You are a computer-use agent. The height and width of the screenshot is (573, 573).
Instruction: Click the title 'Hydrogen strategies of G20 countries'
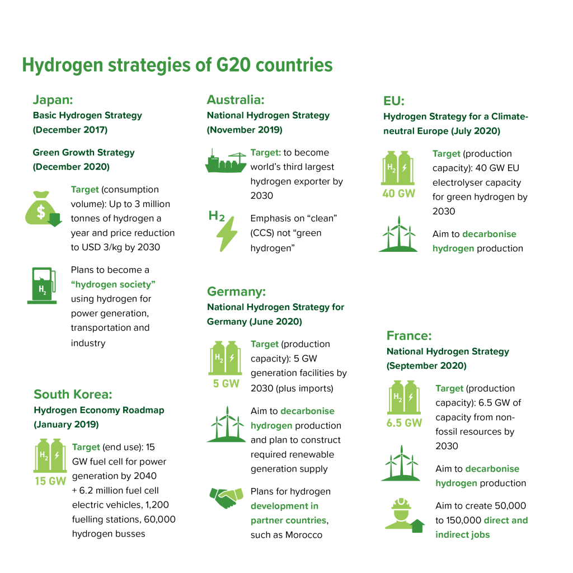(x=177, y=65)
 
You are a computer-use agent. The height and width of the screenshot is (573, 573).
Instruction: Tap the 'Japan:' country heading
(x=53, y=100)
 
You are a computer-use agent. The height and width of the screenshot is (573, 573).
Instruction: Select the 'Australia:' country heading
(x=235, y=100)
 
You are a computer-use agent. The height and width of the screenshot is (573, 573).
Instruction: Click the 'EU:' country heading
(x=393, y=101)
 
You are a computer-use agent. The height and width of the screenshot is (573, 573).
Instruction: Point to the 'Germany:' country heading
(x=236, y=292)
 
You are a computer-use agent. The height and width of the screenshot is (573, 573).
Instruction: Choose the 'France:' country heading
(x=409, y=336)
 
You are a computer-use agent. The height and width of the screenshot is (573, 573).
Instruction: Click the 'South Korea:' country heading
(x=73, y=394)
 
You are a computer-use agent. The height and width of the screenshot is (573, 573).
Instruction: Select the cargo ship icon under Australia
(x=225, y=163)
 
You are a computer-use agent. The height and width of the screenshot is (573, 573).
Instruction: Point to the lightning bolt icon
(x=227, y=233)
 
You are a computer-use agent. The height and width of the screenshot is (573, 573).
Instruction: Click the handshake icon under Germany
(x=226, y=497)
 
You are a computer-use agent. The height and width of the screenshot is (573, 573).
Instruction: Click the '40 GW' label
(x=398, y=194)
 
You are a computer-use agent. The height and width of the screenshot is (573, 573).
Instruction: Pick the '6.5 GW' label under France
(x=404, y=423)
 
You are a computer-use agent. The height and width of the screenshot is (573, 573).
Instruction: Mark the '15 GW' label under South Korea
(x=50, y=481)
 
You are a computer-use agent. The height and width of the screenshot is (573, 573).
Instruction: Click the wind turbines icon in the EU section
(x=398, y=234)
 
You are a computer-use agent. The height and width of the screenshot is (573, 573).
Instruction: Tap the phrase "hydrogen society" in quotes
(x=113, y=284)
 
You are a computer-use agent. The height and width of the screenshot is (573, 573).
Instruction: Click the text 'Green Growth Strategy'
(x=83, y=152)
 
